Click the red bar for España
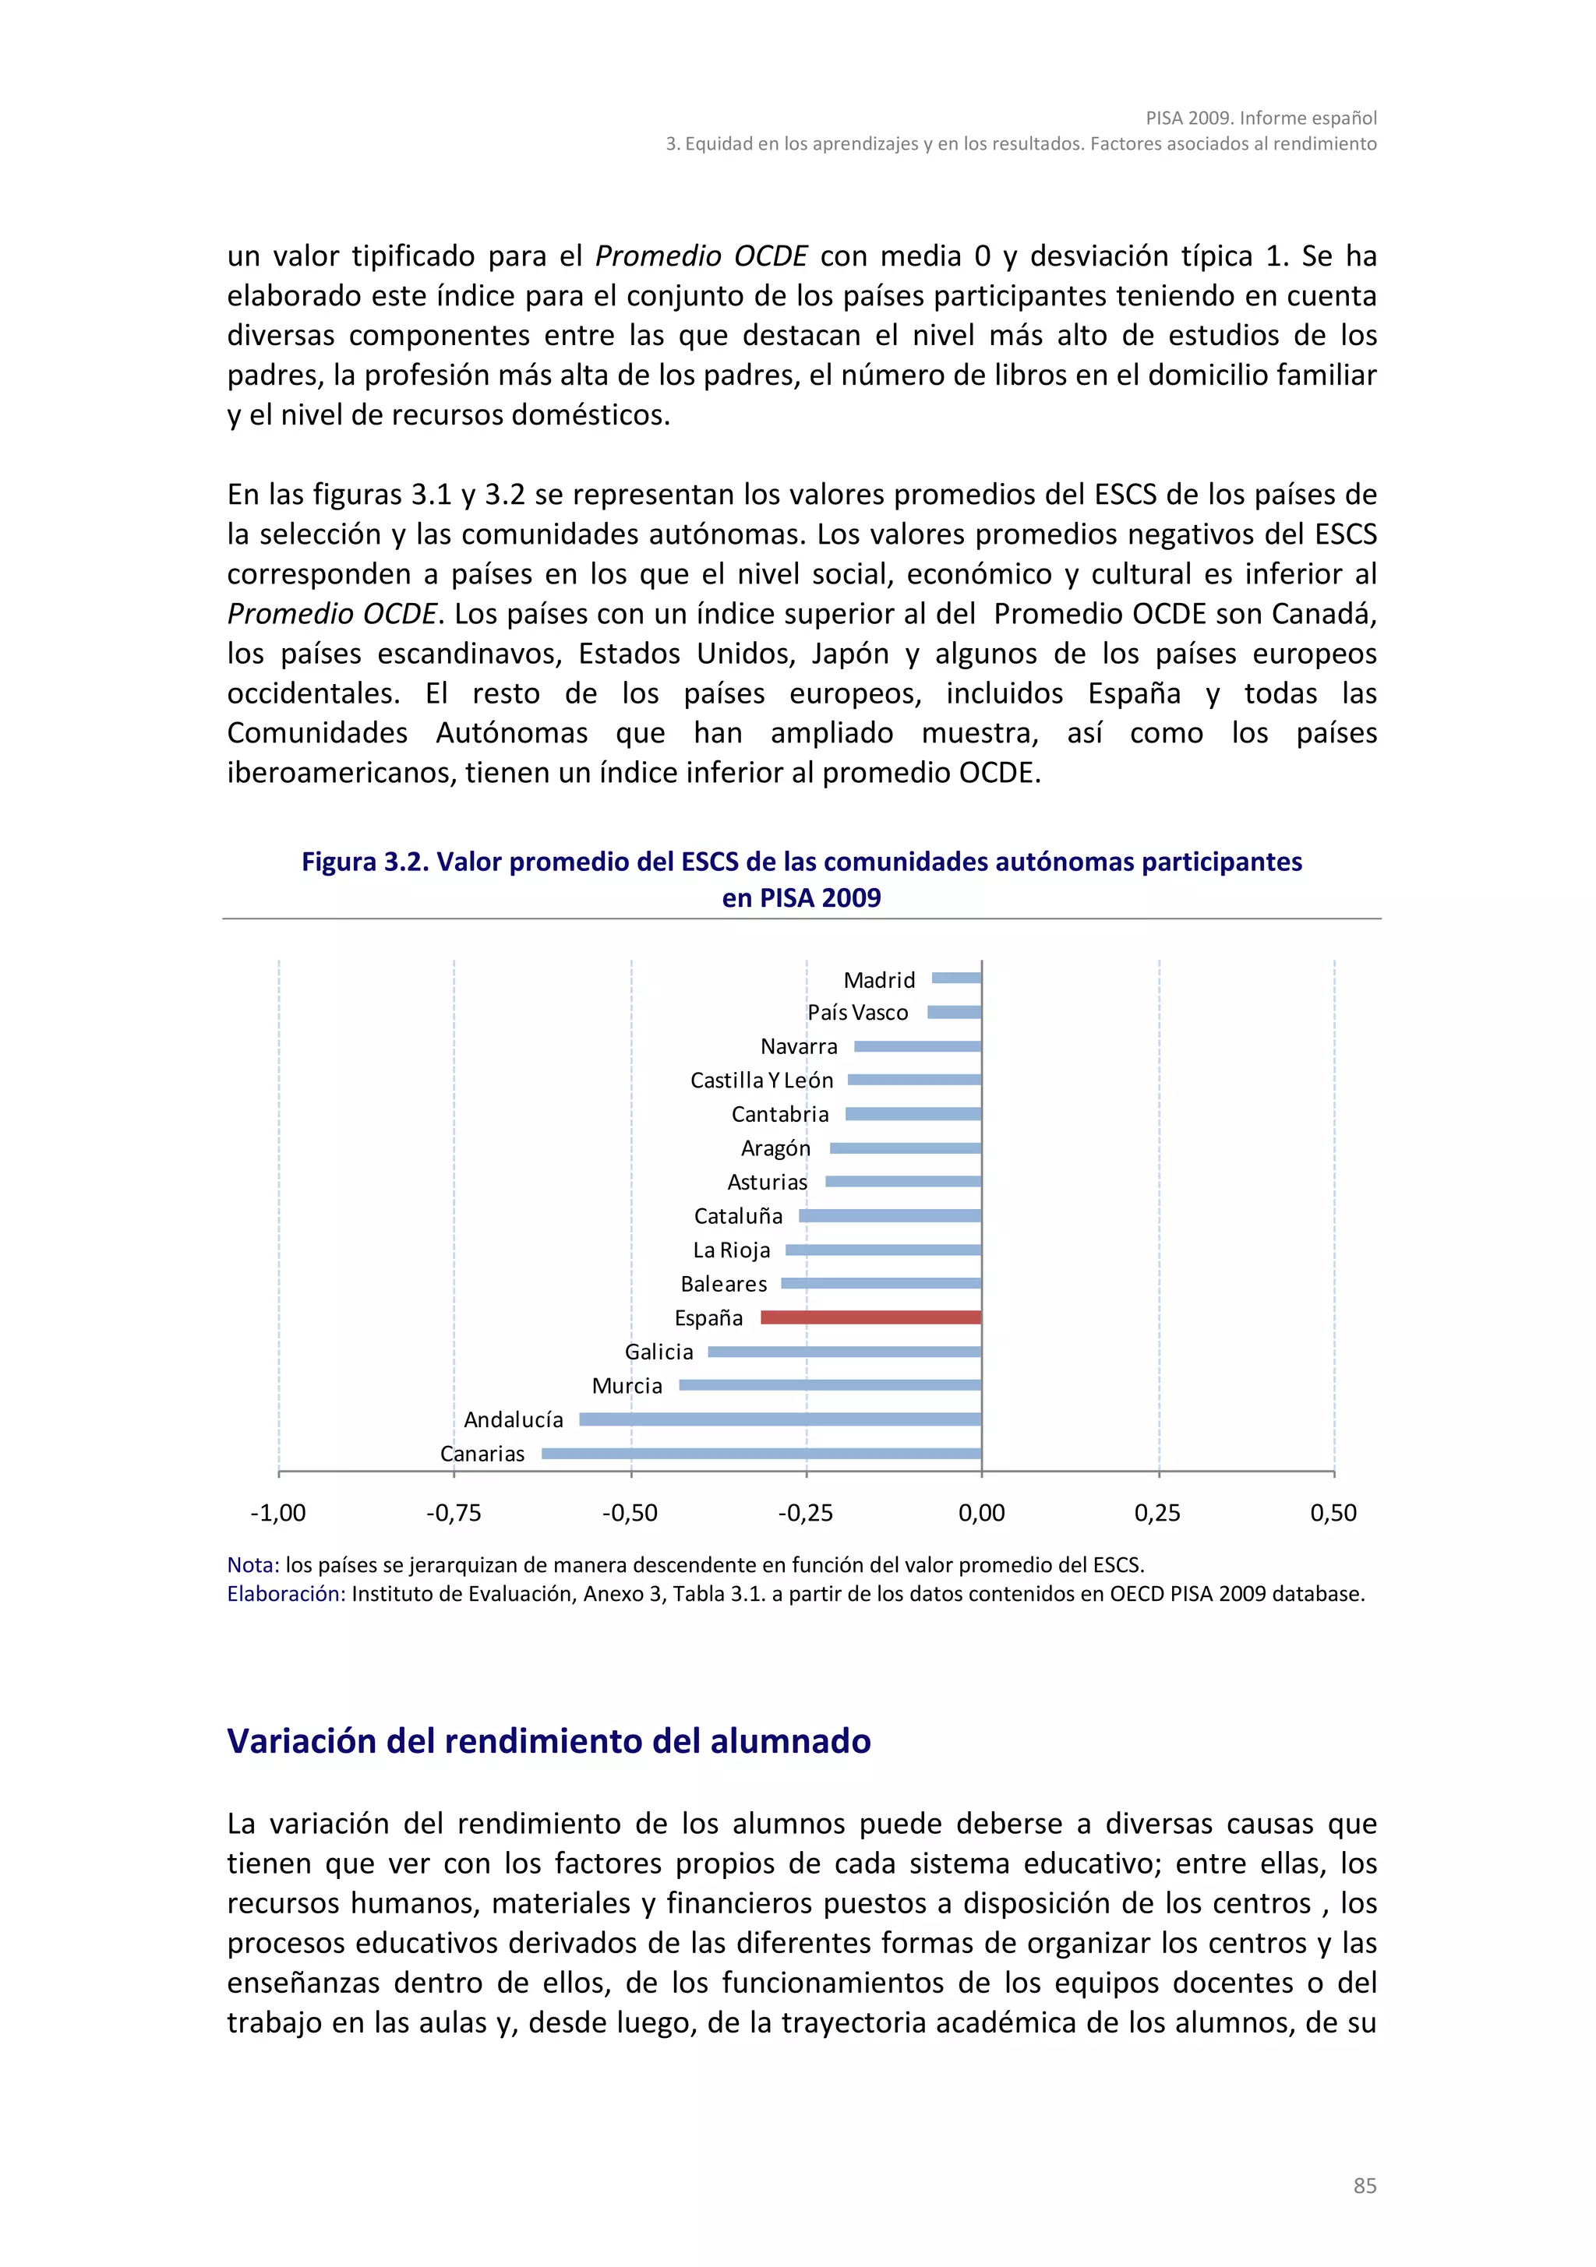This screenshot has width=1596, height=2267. point(870,1317)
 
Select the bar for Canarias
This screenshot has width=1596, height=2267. point(761,1454)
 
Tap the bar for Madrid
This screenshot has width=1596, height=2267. point(956,978)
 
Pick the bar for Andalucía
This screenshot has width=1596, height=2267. point(780,1419)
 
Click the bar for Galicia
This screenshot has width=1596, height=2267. point(845,1352)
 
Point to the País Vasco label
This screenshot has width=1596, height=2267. point(857,1012)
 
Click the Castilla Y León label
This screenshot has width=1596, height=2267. point(761,1081)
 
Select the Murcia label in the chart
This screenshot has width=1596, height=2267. point(627,1385)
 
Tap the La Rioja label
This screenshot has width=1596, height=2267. point(731,1250)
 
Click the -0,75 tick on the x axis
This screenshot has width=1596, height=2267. point(454,1513)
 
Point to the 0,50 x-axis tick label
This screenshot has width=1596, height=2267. point(1333,1513)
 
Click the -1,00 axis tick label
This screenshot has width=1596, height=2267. point(278,1513)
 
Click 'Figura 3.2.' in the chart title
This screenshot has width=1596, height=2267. point(365,862)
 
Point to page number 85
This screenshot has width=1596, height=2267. point(1364,2186)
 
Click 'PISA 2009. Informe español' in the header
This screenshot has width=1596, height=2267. point(1260,118)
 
